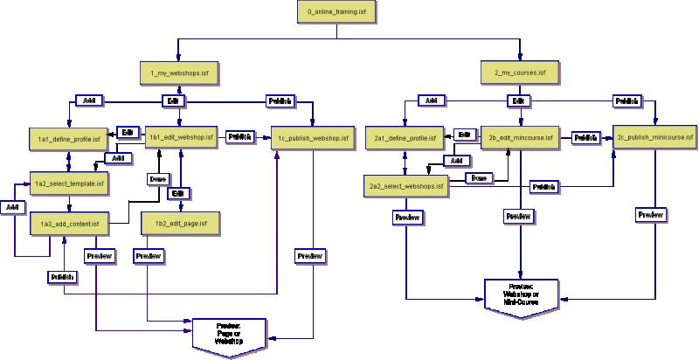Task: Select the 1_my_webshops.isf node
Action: [x=178, y=72]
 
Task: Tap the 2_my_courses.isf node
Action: [x=519, y=72]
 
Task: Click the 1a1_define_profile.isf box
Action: [x=68, y=138]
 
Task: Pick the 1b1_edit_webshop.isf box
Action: [x=181, y=137]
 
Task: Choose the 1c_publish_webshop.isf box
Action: [x=313, y=138]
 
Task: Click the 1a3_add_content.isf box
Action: [x=68, y=224]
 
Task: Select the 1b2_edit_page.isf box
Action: [x=180, y=224]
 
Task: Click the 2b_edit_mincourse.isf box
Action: [x=521, y=138]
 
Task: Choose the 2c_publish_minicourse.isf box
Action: [x=654, y=137]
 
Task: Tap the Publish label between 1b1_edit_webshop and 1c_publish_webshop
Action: [x=239, y=137]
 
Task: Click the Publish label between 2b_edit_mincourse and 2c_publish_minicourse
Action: [x=585, y=137]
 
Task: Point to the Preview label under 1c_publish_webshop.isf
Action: [x=309, y=256]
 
